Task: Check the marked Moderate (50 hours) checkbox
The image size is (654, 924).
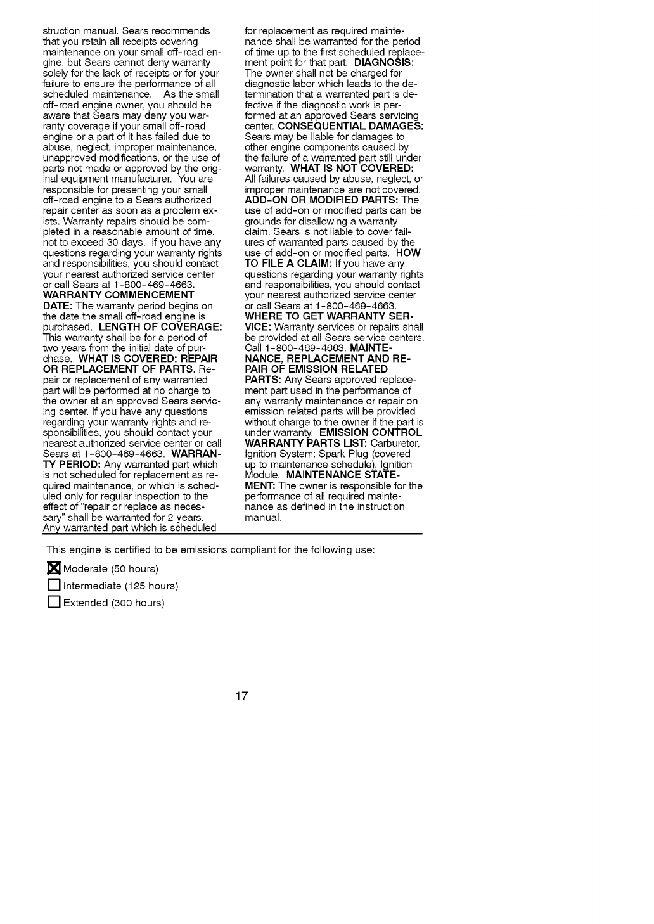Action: click(54, 568)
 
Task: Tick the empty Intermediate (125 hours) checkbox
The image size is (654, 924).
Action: click(54, 586)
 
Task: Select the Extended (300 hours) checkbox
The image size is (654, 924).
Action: click(54, 603)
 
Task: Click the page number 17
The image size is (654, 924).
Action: click(241, 697)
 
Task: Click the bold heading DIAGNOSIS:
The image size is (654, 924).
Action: click(383, 63)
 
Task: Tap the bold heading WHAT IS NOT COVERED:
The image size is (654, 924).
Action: click(352, 169)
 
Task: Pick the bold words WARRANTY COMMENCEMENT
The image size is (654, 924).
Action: click(119, 295)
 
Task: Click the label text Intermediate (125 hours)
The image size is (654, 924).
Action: click(120, 586)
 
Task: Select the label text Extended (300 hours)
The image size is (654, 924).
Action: click(113, 603)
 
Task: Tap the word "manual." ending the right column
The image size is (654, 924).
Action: click(262, 518)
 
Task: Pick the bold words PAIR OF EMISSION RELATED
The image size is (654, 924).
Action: click(316, 369)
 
